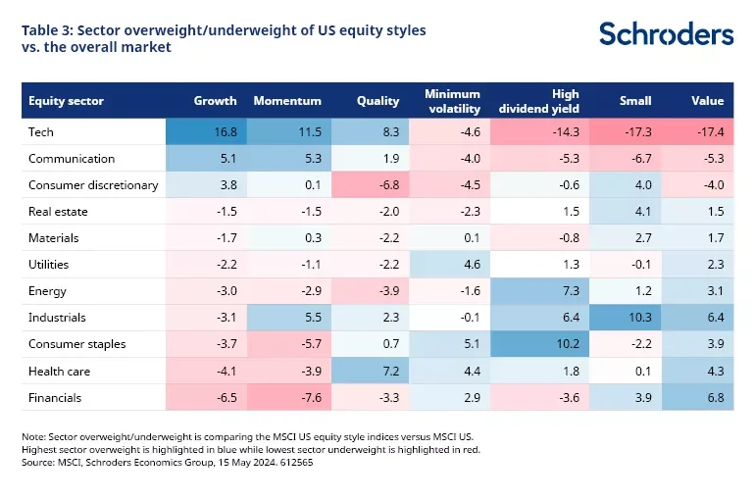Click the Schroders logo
point(666,33)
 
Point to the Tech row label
point(43,132)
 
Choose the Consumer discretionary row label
point(93,185)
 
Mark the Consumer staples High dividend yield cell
point(538,344)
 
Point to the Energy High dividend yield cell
point(538,291)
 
